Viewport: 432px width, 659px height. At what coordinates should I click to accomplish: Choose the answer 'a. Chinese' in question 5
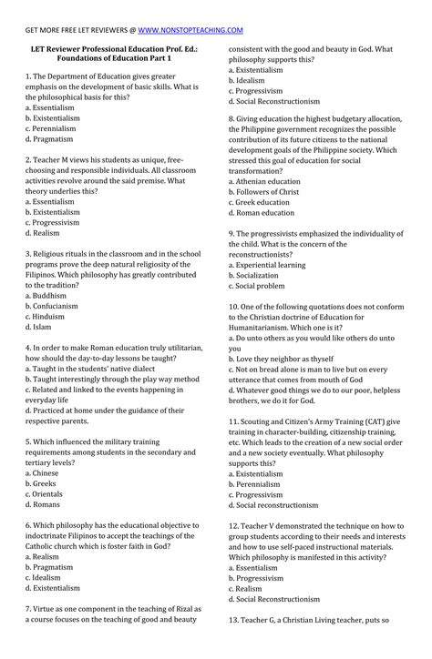click(x=48, y=473)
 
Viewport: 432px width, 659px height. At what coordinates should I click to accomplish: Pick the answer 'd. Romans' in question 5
click(x=50, y=503)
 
